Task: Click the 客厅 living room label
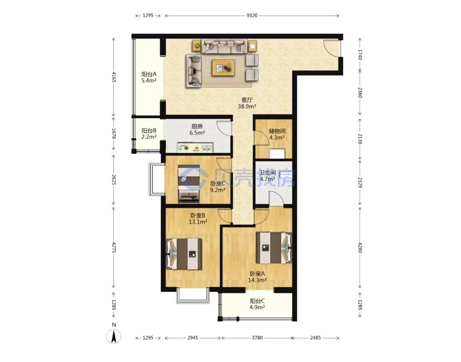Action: pos(247,100)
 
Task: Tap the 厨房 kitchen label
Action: pos(197,126)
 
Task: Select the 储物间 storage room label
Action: pos(277,131)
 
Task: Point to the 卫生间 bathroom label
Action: pos(268,172)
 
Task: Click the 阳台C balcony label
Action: pos(257,301)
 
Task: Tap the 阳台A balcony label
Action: pos(149,74)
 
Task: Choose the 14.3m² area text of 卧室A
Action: pos(257,280)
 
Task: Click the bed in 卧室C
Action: pos(189,184)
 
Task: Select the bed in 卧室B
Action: pos(184,254)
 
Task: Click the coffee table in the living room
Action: pos(223,68)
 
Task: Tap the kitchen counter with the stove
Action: pos(195,148)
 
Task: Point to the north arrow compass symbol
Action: pos(114,336)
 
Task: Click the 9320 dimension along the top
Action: pos(252,16)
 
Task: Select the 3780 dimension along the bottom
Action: pos(257,338)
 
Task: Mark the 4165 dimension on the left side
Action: pos(114,77)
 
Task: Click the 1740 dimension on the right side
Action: pos(360,55)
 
